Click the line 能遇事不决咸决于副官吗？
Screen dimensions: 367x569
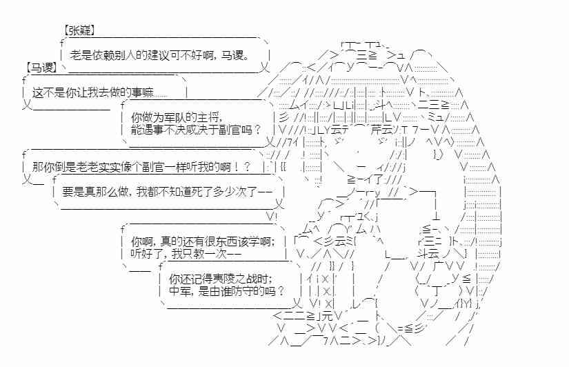pyautogui.click(x=195, y=128)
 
